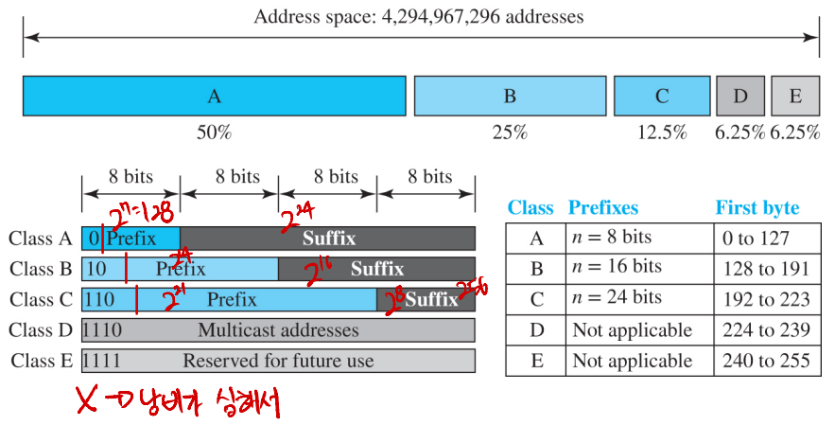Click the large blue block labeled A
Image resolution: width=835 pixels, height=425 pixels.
pyautogui.click(x=214, y=97)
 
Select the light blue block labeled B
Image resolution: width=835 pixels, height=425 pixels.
pyautogui.click(x=509, y=97)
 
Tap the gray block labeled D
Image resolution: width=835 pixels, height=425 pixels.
pyautogui.click(x=739, y=97)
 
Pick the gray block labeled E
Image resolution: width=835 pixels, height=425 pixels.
pyautogui.click(x=794, y=97)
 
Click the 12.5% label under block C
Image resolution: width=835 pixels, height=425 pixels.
pyautogui.click(x=661, y=133)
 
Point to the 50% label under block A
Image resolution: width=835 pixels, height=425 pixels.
pyautogui.click(x=214, y=133)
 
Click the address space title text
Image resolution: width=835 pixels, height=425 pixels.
pyautogui.click(x=419, y=17)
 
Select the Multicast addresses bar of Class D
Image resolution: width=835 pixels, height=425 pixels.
pyautogui.click(x=278, y=330)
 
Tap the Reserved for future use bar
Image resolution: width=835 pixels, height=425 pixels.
pyautogui.click(x=278, y=361)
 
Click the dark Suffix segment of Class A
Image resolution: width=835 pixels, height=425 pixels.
pyautogui.click(x=328, y=239)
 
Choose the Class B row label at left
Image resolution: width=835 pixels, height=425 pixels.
pyautogui.click(x=40, y=270)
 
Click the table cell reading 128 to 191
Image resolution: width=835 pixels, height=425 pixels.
pyautogui.click(x=763, y=269)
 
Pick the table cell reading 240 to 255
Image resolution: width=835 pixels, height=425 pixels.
pyautogui.click(x=763, y=360)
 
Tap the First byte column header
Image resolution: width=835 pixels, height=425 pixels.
pyautogui.click(x=757, y=208)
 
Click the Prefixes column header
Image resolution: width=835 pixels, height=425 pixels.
pyautogui.click(x=602, y=208)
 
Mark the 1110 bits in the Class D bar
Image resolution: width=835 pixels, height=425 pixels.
pyautogui.click(x=102, y=330)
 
